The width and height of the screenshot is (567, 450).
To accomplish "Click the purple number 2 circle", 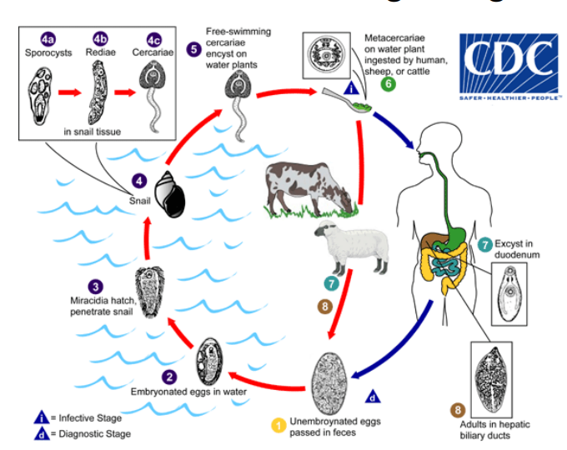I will [168, 377].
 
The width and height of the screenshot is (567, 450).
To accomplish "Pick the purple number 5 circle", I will [193, 48].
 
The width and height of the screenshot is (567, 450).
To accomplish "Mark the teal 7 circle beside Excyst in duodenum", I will [484, 245].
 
